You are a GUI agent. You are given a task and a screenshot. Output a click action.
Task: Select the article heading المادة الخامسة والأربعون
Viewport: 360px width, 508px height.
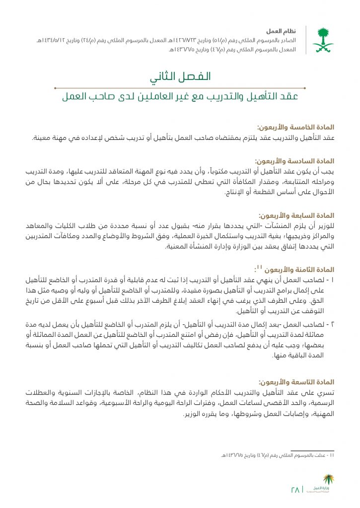[x=295, y=127]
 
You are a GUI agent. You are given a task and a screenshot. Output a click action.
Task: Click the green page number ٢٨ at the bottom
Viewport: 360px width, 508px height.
[x=295, y=489]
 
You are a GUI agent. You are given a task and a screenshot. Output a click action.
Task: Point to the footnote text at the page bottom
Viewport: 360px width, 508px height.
[x=278, y=455]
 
